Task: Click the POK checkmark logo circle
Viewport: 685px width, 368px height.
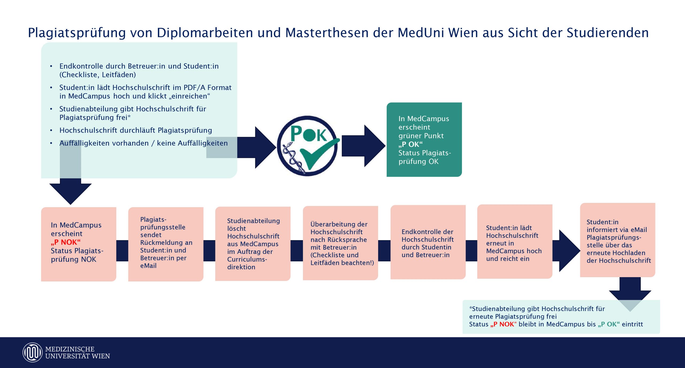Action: coord(308,146)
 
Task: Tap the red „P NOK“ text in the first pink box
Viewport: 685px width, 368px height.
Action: coord(66,242)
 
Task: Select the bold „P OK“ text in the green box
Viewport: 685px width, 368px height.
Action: coord(410,144)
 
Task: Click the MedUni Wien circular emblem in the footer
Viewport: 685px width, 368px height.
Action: coord(32,352)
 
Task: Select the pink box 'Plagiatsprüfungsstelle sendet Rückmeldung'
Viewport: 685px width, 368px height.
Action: coord(166,244)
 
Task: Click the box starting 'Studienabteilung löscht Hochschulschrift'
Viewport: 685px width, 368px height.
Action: coord(253,244)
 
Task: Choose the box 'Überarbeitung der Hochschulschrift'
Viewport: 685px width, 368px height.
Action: coord(340,243)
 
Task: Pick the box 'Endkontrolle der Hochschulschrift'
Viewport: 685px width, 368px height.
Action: coord(428,242)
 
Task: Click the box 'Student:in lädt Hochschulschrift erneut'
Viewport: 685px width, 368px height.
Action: coord(515,242)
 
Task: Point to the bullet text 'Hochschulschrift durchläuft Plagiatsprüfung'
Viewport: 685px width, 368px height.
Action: coord(136,130)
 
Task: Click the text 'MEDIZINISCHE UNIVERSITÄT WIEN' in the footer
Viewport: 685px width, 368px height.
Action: coord(77,352)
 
